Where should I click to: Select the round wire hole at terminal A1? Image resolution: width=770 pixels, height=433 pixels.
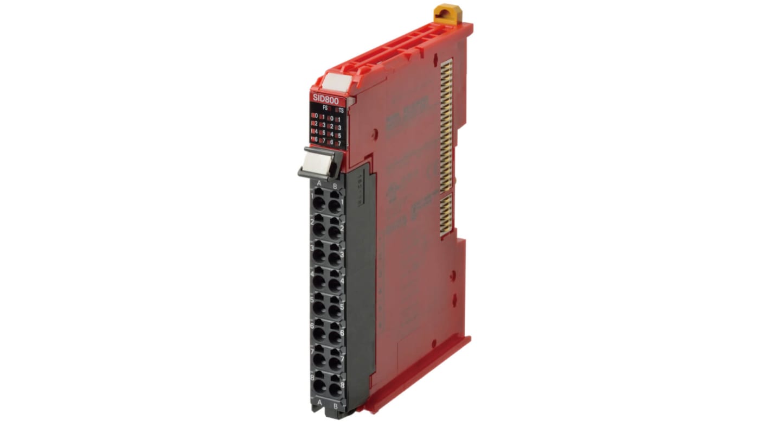click(x=319, y=204)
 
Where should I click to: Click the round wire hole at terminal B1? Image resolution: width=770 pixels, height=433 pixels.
click(x=335, y=205)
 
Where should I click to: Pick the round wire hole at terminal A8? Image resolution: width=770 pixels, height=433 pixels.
click(x=319, y=386)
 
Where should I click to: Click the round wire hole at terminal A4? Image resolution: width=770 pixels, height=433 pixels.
click(x=319, y=282)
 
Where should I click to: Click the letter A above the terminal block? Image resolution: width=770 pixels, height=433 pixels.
click(x=319, y=184)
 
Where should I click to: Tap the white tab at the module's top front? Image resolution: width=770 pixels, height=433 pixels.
click(x=338, y=82)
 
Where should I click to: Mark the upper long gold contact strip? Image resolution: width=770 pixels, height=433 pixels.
click(x=446, y=125)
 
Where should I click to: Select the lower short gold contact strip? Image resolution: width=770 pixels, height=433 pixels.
click(x=445, y=215)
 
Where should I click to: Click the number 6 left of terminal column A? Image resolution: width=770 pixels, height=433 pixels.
click(x=312, y=326)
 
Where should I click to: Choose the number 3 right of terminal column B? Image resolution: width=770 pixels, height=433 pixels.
click(x=342, y=254)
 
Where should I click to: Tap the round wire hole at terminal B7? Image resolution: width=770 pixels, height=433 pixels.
click(x=335, y=361)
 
